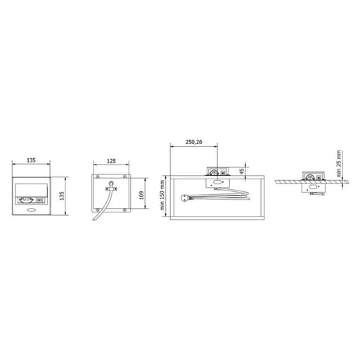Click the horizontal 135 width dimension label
coord(31,160)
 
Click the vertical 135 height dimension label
coord(62,195)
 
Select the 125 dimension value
coord(111,161)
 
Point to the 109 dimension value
coord(141,195)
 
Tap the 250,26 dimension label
coord(194,142)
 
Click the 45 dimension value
coord(242,171)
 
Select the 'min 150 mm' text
coord(162,195)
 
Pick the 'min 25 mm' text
coord(339,164)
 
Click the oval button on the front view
coord(32,210)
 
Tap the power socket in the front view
coord(25,200)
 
